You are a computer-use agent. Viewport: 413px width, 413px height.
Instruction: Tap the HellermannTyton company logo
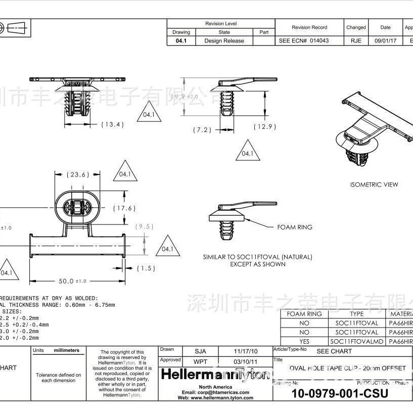click(x=214, y=375)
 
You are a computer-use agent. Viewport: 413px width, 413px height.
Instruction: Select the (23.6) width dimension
click(x=78, y=175)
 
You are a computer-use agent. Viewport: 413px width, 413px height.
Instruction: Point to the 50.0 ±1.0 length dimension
click(x=73, y=281)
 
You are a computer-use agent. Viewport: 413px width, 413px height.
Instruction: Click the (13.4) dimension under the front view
click(x=112, y=124)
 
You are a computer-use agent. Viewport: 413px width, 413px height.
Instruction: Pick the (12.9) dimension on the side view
click(x=265, y=127)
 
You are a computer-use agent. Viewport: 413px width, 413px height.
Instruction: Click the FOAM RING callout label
click(x=295, y=227)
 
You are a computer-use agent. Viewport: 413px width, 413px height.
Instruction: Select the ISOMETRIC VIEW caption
click(x=374, y=185)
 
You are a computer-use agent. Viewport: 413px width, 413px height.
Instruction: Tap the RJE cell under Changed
click(x=355, y=41)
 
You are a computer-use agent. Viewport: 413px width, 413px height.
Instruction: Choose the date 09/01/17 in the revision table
click(x=385, y=41)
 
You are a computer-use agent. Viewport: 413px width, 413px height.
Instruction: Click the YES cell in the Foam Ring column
click(x=304, y=341)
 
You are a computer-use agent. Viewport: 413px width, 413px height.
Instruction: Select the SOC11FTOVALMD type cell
click(x=356, y=341)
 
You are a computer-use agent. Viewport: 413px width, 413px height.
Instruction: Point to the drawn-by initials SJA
click(x=200, y=350)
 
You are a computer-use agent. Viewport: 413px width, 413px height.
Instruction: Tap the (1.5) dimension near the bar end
click(x=146, y=268)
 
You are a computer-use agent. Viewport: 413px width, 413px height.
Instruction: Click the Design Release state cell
click(x=224, y=41)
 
